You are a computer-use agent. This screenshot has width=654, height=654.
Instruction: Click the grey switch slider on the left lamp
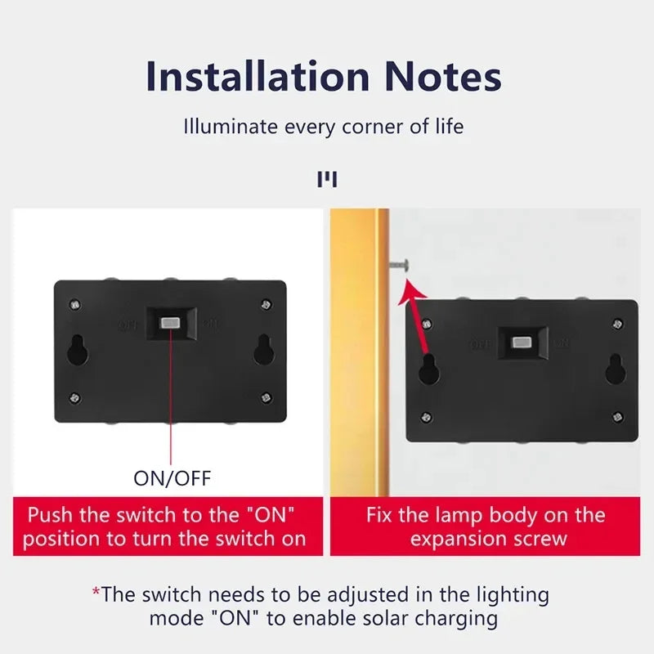tap(170, 323)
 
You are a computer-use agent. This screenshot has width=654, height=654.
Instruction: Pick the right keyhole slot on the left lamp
tap(264, 350)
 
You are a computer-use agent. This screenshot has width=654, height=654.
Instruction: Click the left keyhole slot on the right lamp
tap(428, 370)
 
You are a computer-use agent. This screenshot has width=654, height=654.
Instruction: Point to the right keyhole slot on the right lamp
tap(615, 370)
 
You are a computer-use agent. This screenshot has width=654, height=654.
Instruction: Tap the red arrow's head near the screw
tap(409, 286)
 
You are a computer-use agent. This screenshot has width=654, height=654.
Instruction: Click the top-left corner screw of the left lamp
tap(75, 305)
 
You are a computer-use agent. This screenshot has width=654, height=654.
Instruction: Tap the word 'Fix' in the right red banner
tap(380, 516)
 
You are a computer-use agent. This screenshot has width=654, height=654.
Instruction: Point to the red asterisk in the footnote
tap(96, 592)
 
